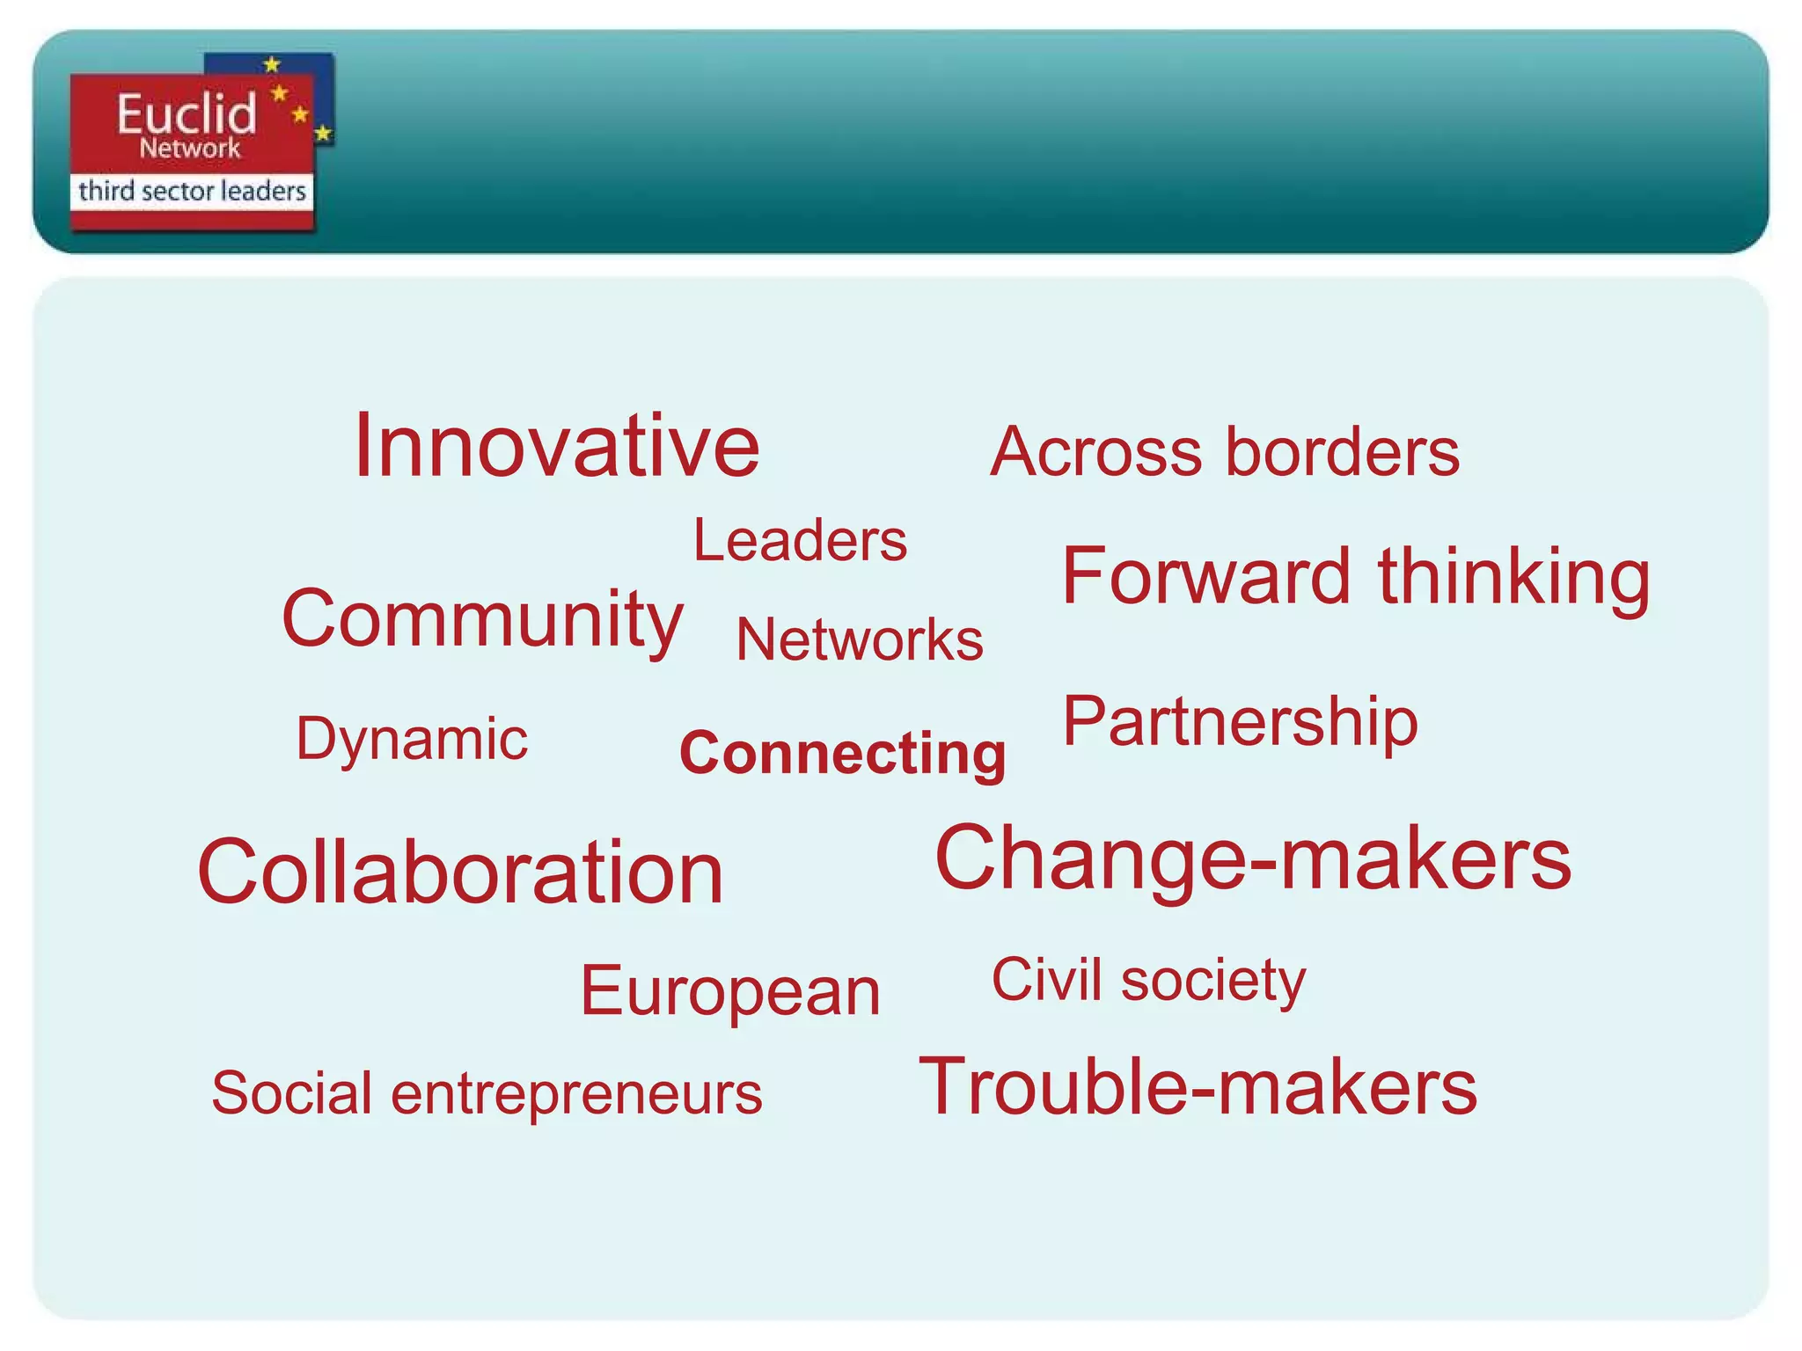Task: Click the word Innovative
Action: click(556, 447)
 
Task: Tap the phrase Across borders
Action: click(1224, 452)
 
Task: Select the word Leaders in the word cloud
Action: click(800, 540)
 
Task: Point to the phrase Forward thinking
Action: click(1355, 577)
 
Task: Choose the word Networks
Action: click(860, 639)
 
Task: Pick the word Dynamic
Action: click(412, 740)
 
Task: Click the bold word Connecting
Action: click(842, 754)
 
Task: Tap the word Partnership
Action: click(1240, 722)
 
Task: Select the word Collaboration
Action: click(460, 872)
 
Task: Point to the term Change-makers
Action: click(1253, 858)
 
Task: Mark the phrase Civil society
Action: click(1148, 981)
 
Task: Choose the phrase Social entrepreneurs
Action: click(487, 1093)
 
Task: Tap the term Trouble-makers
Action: click(1198, 1087)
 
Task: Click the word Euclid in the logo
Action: click(187, 113)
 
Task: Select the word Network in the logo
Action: click(189, 148)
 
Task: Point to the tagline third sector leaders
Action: click(192, 191)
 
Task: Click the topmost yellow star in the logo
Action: click(273, 64)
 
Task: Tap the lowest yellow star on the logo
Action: click(323, 134)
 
